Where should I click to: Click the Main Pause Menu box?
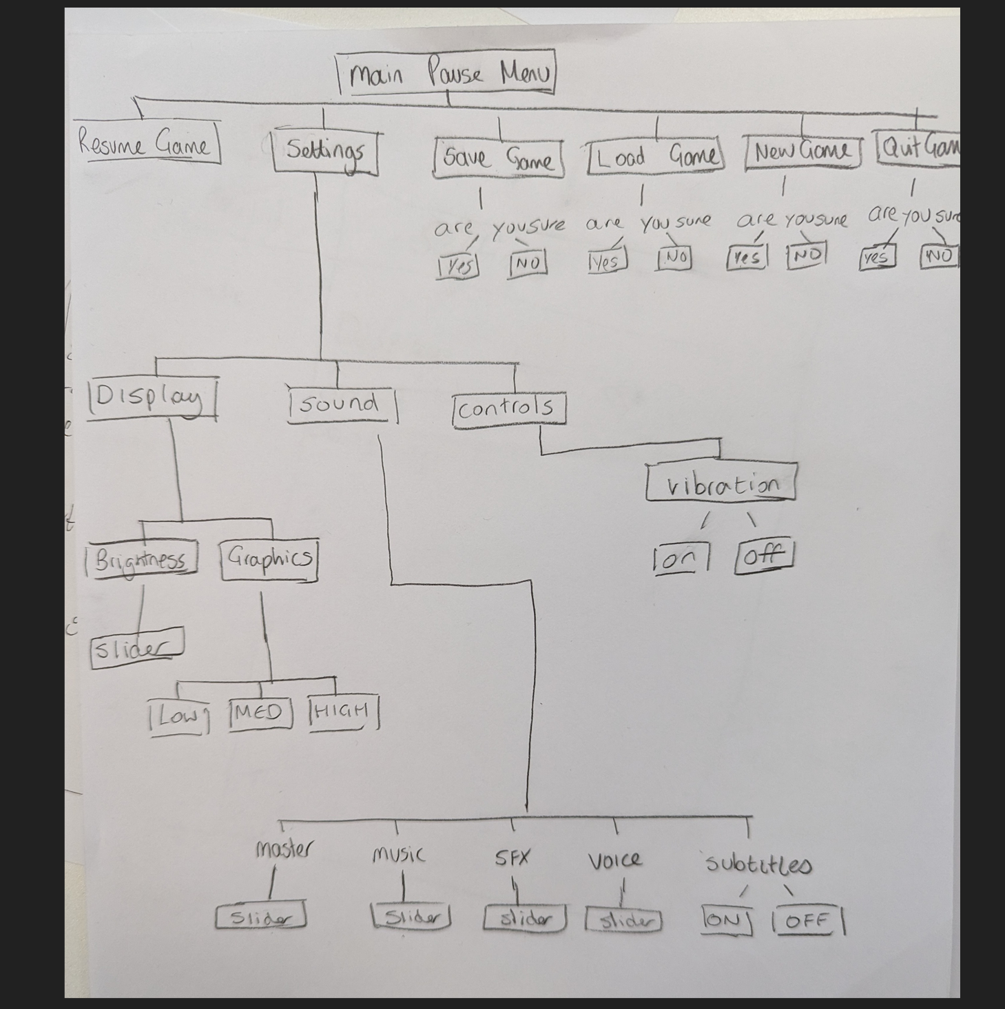[x=447, y=73]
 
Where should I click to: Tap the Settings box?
[x=325, y=152]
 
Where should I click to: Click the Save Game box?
[x=499, y=158]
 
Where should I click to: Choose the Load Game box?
[x=655, y=156]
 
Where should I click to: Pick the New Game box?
[x=802, y=152]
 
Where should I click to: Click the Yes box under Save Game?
[x=457, y=265]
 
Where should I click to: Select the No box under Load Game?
[x=674, y=258]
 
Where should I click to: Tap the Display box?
[x=152, y=397]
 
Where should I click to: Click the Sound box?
[x=342, y=404]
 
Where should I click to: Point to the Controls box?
[x=508, y=409]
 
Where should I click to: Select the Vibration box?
[x=721, y=483]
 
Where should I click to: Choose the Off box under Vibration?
[x=765, y=555]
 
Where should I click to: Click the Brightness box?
[x=141, y=559]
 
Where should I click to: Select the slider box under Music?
[x=411, y=917]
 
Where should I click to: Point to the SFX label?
[x=512, y=858]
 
